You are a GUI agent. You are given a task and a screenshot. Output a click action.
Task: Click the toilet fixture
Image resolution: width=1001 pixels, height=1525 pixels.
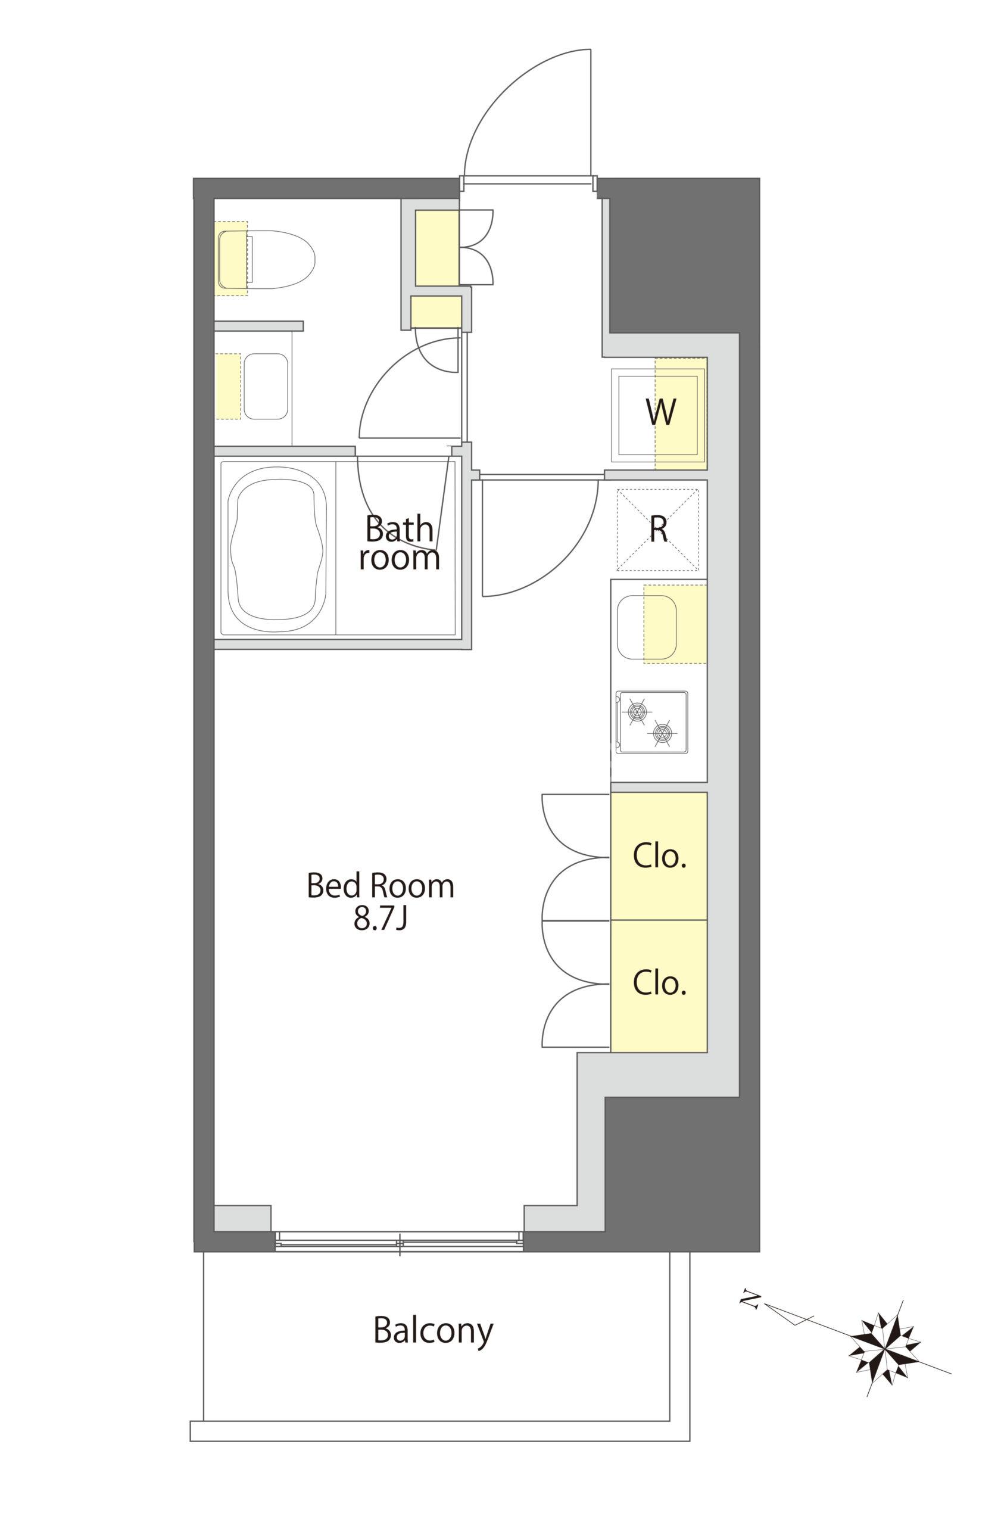pos(266,258)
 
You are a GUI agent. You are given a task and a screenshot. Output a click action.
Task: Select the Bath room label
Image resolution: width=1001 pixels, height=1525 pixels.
pos(399,543)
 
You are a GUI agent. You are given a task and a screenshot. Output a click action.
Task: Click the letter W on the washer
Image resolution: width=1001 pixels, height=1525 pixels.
pos(660,412)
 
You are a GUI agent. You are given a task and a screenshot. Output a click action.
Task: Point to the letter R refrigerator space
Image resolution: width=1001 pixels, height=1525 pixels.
pos(659,529)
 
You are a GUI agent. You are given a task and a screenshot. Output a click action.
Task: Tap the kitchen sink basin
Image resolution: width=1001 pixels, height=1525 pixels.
pos(646,628)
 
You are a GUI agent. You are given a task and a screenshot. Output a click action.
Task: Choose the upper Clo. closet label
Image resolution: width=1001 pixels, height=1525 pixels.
pos(660,856)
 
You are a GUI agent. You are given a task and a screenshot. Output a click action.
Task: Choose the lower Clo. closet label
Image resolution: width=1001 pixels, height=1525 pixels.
pos(660,983)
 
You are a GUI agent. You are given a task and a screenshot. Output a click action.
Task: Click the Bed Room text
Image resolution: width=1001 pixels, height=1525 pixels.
pos(381,886)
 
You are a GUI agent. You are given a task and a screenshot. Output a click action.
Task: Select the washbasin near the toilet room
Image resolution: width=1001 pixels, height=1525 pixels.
pos(266,387)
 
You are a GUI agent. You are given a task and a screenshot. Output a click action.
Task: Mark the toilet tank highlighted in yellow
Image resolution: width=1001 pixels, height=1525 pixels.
pos(231,258)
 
